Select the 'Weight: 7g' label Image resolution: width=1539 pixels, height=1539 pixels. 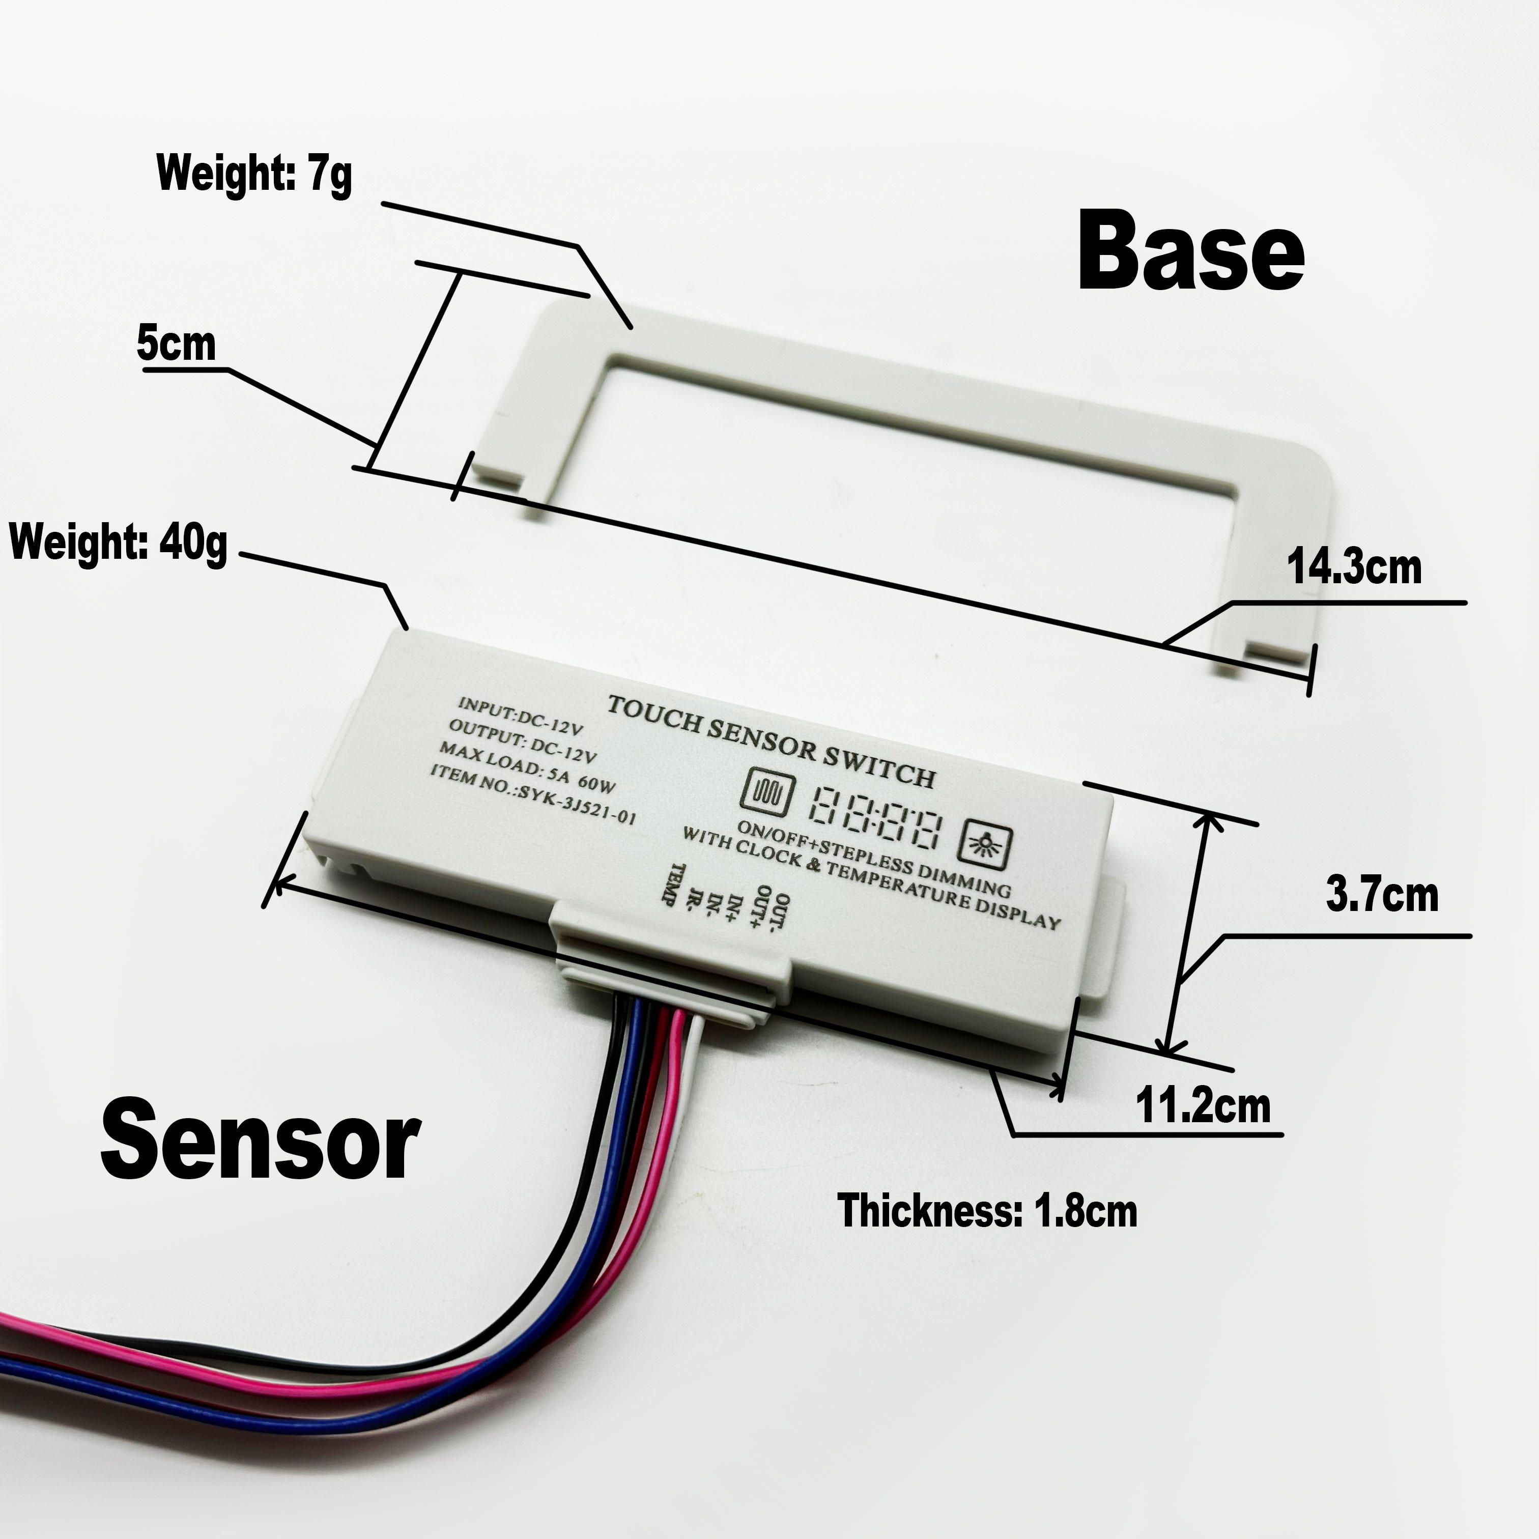[x=254, y=173]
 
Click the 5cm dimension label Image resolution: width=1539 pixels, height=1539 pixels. [x=176, y=344]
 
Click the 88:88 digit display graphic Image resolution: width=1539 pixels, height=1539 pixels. [x=874, y=817]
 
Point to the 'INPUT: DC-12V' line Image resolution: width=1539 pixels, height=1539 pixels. [x=521, y=714]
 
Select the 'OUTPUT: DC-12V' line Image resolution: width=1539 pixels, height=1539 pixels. [x=523, y=740]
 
